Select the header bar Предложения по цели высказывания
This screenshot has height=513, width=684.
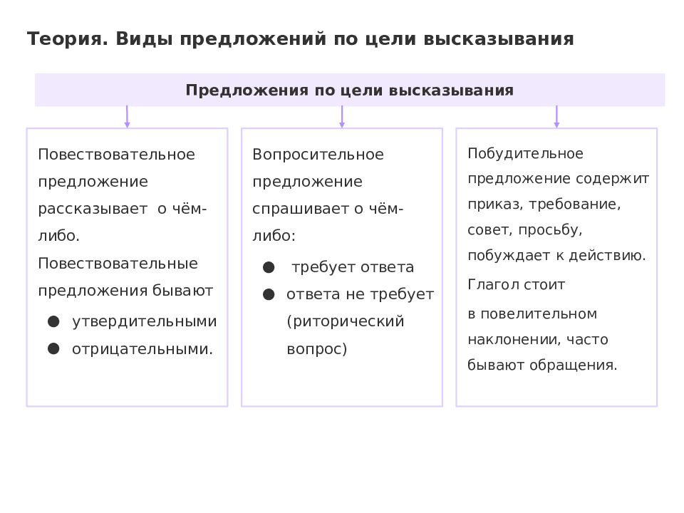tap(350, 90)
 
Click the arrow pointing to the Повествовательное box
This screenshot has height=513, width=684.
tap(127, 116)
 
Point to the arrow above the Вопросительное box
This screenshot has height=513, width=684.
tap(342, 116)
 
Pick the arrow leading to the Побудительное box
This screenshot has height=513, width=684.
tap(556, 116)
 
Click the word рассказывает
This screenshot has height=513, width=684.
tap(93, 209)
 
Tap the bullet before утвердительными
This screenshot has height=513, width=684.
tap(53, 322)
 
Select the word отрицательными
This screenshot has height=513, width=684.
tap(142, 349)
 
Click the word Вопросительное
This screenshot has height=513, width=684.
tap(318, 155)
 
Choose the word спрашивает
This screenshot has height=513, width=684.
tap(301, 209)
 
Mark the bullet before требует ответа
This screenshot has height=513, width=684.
tap(269, 267)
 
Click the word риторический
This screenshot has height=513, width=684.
tap(346, 321)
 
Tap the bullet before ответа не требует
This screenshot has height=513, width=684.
tap(269, 295)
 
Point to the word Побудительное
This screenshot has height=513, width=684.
tap(525, 154)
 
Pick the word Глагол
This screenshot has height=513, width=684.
tap(493, 284)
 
